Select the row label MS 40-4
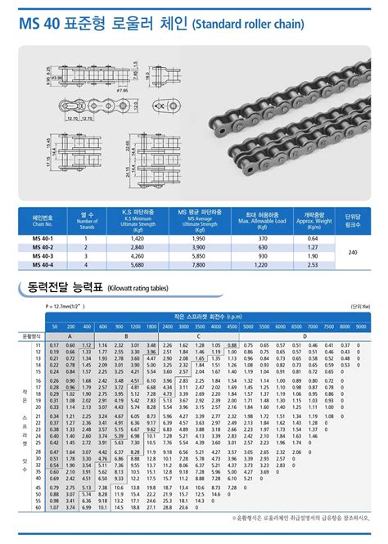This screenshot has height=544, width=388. pos(43,263)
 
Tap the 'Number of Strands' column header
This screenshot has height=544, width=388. pos(88,219)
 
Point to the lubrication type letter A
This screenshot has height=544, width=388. pos(69,335)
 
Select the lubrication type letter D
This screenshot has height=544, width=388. pos(305,335)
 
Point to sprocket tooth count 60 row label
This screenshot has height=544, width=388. pos(38,507)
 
